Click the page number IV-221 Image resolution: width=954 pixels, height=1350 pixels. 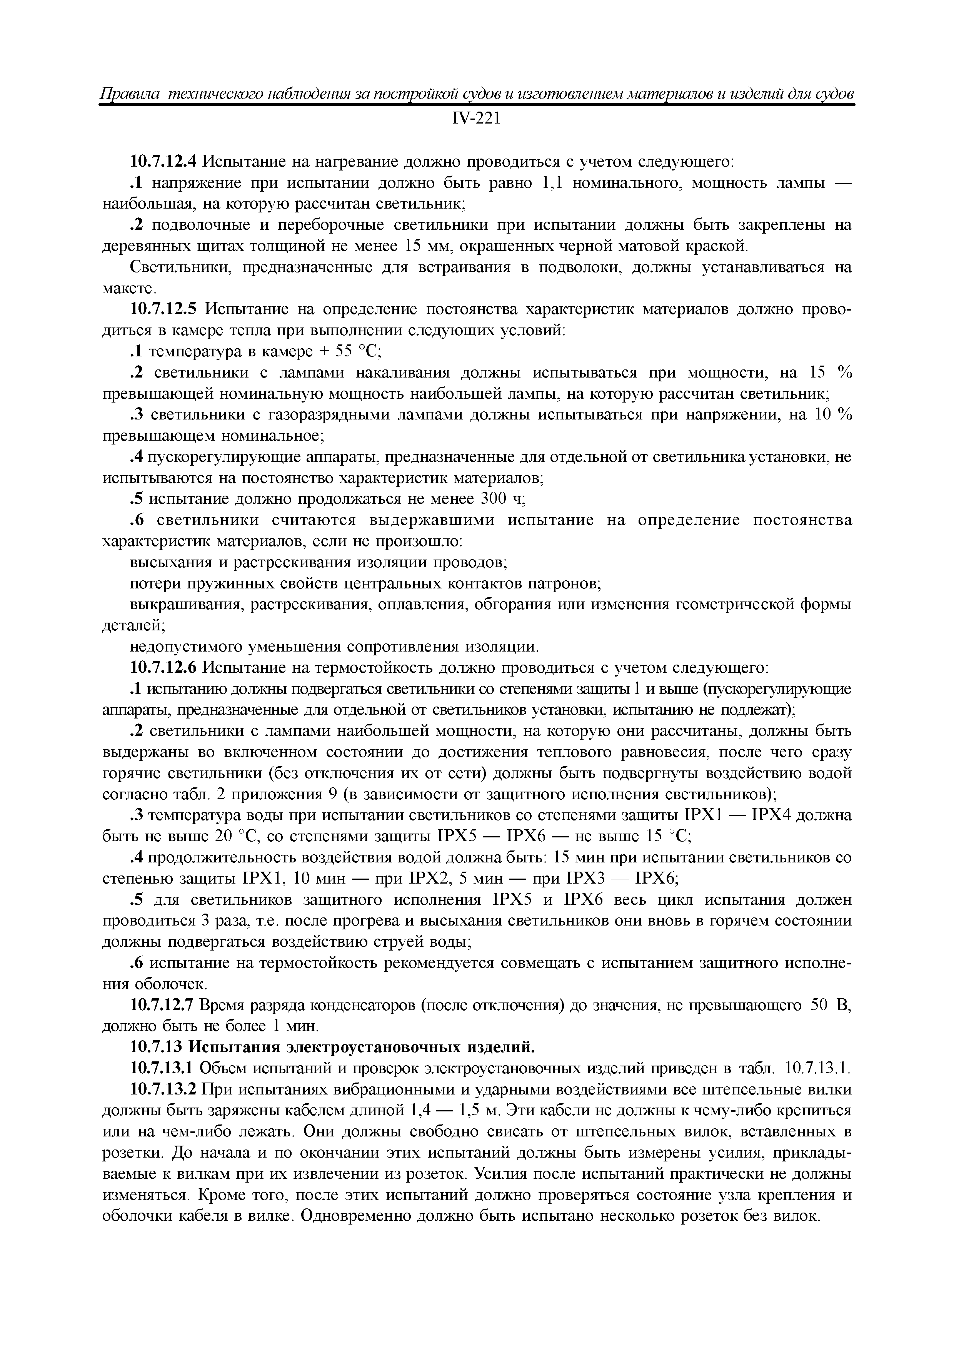pyautogui.click(x=476, y=119)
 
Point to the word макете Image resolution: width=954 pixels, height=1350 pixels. pyautogui.click(x=128, y=289)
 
